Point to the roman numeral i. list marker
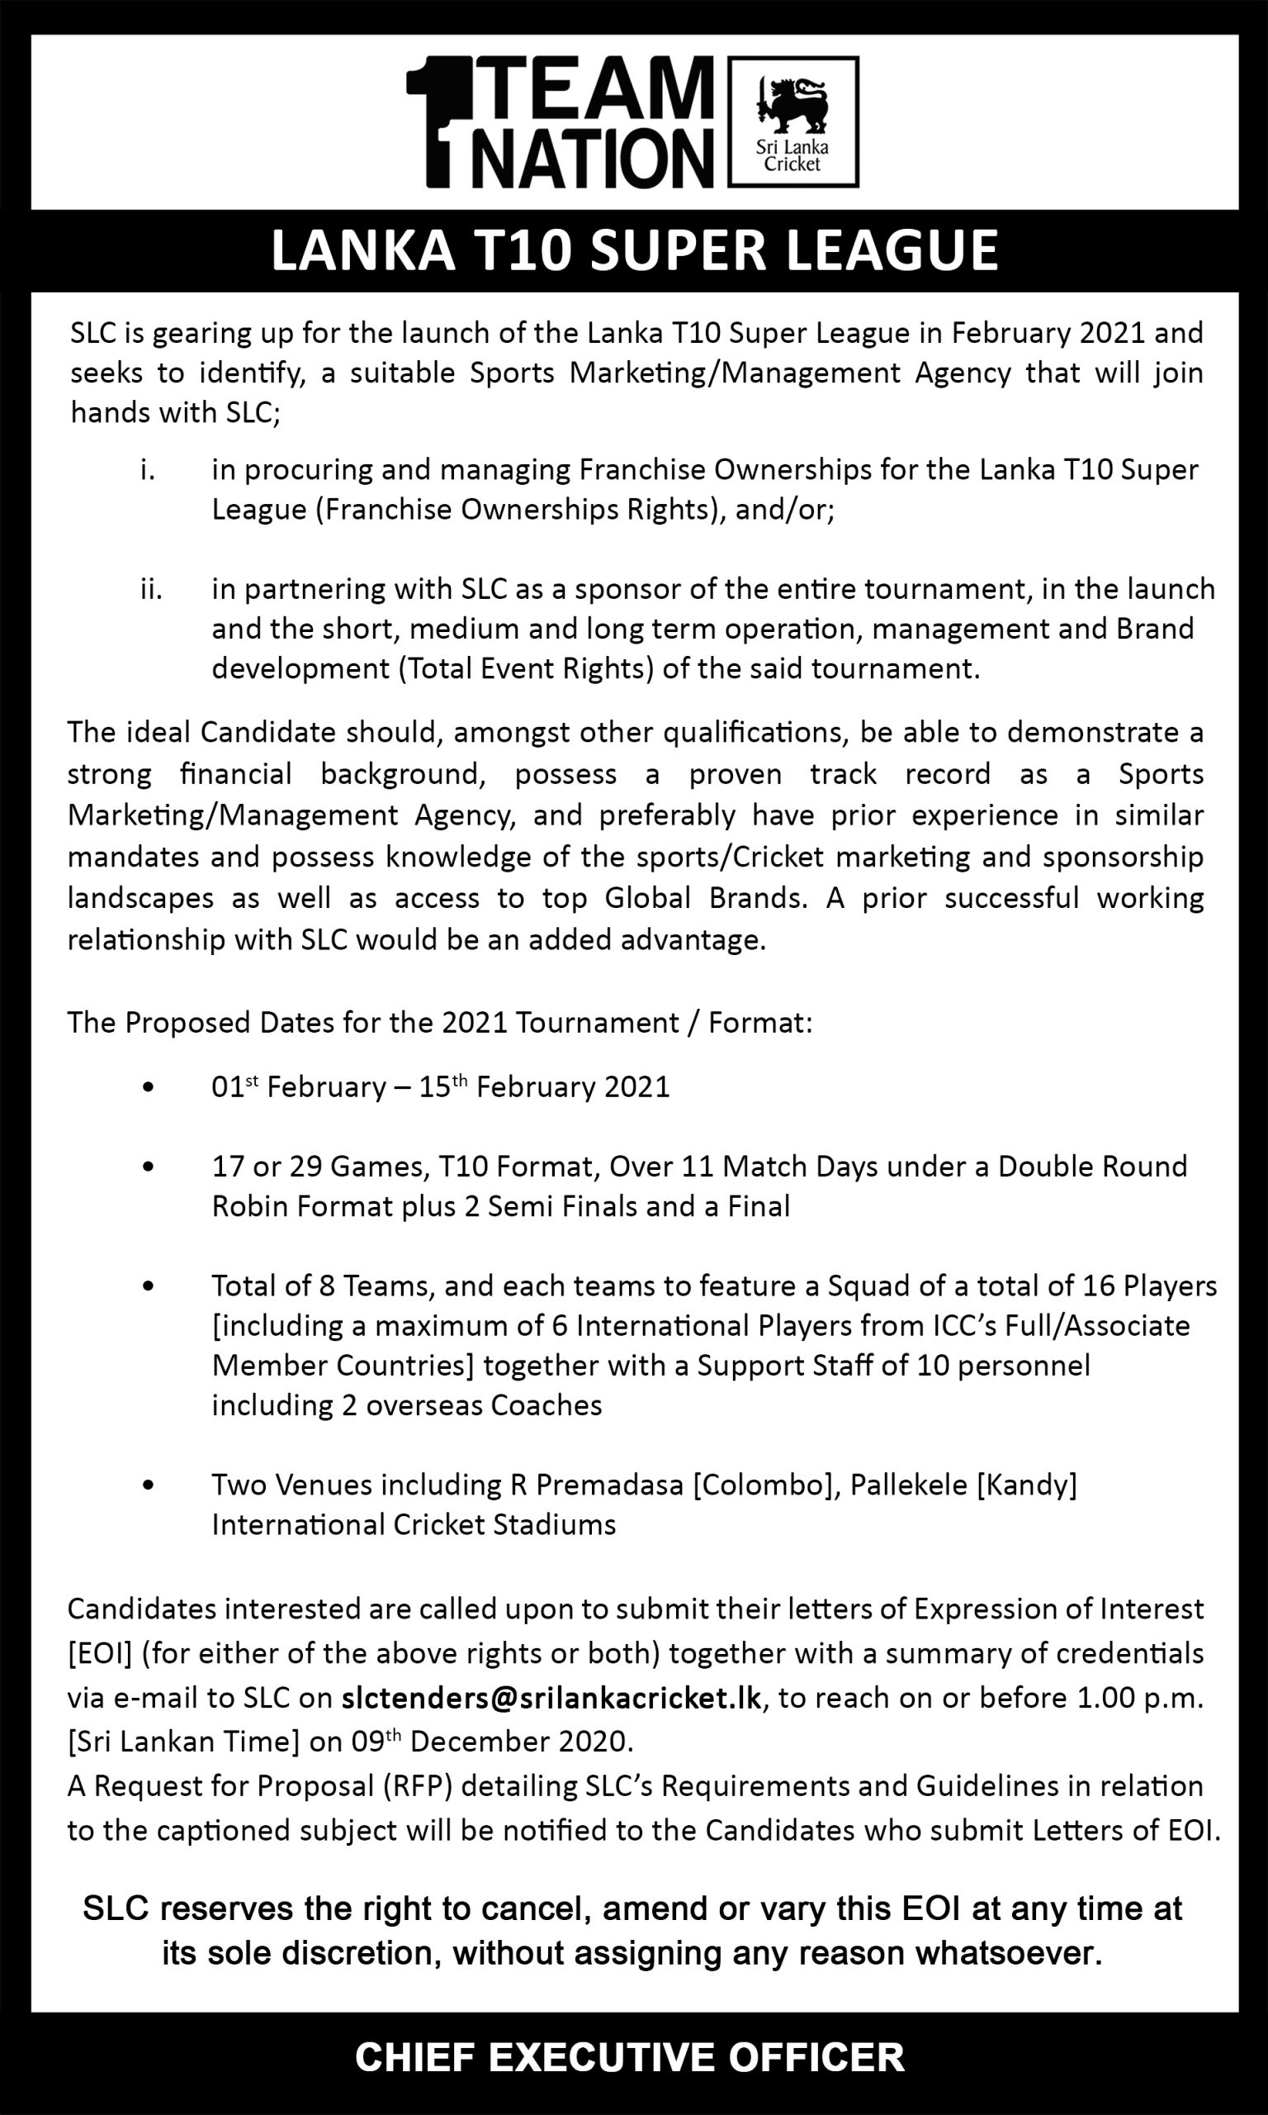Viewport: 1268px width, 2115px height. (x=148, y=470)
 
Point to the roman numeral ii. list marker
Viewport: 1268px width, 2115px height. (x=150, y=589)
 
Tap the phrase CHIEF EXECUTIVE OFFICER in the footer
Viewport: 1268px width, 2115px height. (x=630, y=2057)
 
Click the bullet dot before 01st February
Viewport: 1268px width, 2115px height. (x=149, y=1088)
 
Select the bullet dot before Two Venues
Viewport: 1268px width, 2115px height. (x=149, y=1485)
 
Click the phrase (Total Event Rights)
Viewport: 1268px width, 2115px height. (x=527, y=668)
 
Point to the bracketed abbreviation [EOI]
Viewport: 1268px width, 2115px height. (x=100, y=1653)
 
